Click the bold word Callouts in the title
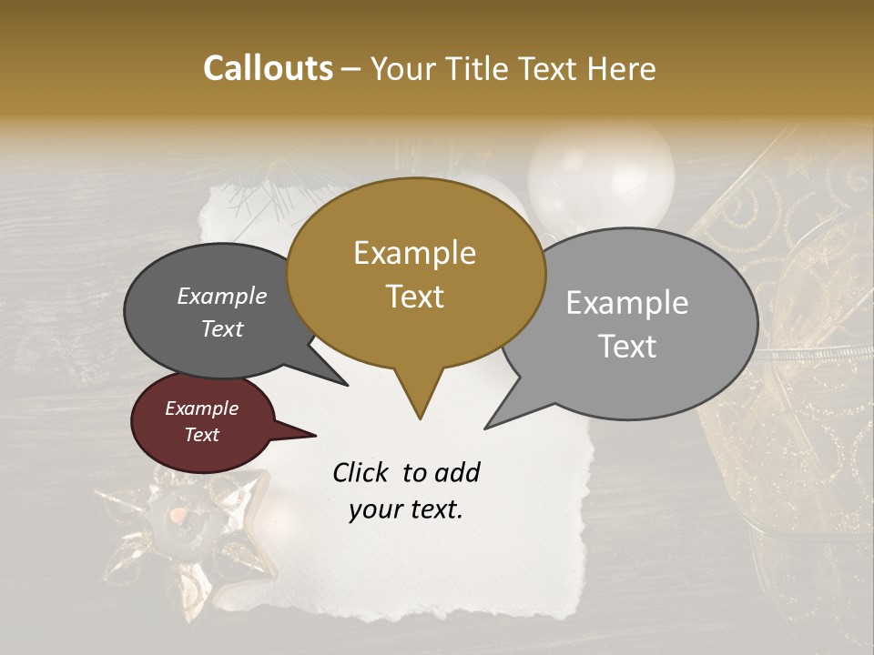pos(268,68)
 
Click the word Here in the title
pos(619,68)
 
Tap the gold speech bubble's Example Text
pos(415,275)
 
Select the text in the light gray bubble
pos(627,325)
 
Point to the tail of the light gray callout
pos(492,424)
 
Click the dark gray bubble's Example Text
pos(222,312)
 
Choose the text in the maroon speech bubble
pos(201,421)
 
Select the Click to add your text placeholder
pos(406,490)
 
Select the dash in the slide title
pos(352,68)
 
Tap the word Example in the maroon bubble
pos(201,408)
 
